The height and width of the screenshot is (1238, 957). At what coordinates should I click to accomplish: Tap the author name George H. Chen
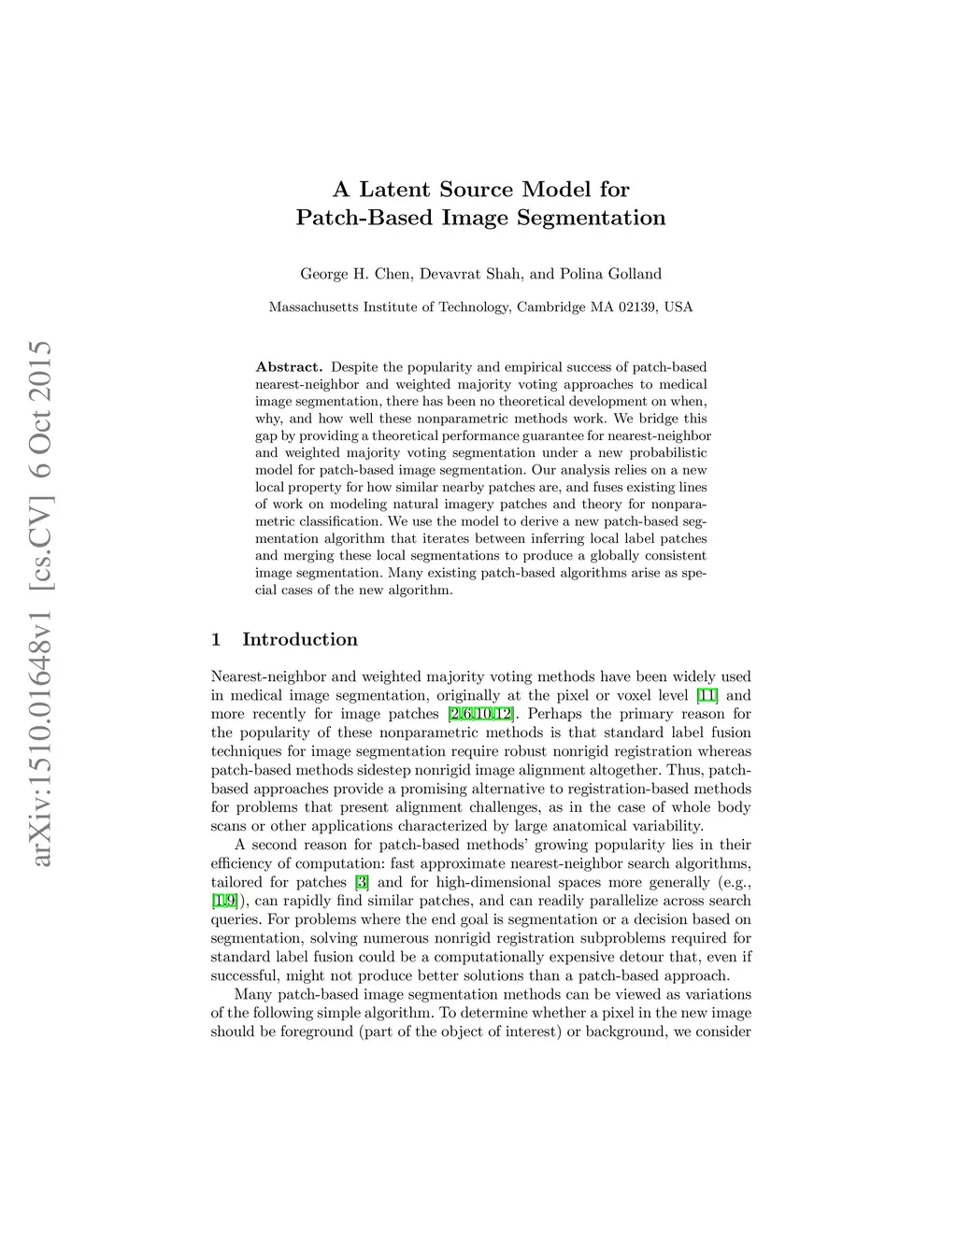355,274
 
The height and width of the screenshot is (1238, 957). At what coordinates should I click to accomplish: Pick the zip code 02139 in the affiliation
637,307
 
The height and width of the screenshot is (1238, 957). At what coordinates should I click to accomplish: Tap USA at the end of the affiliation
678,307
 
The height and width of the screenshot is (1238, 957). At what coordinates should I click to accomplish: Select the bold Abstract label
289,367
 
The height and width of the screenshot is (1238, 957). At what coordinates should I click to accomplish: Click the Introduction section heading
300,640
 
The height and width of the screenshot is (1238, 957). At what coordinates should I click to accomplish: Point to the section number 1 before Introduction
216,640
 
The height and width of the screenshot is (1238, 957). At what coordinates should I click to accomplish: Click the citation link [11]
707,695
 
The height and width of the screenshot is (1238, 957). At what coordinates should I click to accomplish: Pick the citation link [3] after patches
362,882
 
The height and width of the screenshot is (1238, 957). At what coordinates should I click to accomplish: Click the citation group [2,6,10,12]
480,714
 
